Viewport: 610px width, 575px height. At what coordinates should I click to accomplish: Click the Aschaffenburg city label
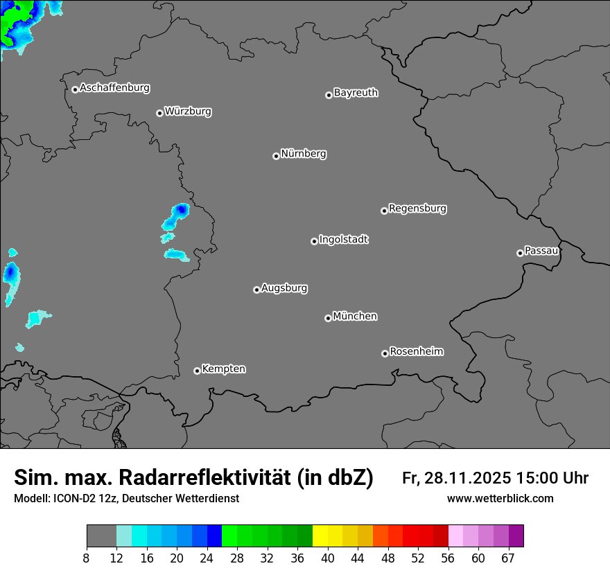pos(114,88)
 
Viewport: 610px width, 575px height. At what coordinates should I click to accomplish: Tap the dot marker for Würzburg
pos(159,113)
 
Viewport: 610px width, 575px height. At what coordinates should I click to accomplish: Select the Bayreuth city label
pos(356,92)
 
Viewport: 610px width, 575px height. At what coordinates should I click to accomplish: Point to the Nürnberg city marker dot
pos(276,156)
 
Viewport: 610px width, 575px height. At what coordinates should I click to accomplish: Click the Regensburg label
pos(417,208)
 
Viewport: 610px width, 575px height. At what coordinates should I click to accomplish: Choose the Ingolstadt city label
pos(343,240)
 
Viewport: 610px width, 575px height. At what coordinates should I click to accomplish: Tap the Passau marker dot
pos(520,253)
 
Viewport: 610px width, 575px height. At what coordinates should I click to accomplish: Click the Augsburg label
pos(284,288)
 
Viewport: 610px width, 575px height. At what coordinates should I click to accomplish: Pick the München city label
pos(355,317)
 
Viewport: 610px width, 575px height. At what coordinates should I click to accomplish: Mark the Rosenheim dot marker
pos(385,354)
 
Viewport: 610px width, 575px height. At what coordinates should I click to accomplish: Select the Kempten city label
pos(223,369)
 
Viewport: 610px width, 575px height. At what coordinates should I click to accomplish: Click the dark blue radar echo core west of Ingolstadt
pos(181,209)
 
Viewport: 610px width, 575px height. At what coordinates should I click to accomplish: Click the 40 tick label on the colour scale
pos(327,558)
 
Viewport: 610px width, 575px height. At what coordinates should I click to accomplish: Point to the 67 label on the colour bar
pos(508,558)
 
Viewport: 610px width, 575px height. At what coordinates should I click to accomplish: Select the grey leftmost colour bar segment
pos(101,536)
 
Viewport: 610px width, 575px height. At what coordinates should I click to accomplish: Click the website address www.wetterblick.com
pos(500,498)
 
